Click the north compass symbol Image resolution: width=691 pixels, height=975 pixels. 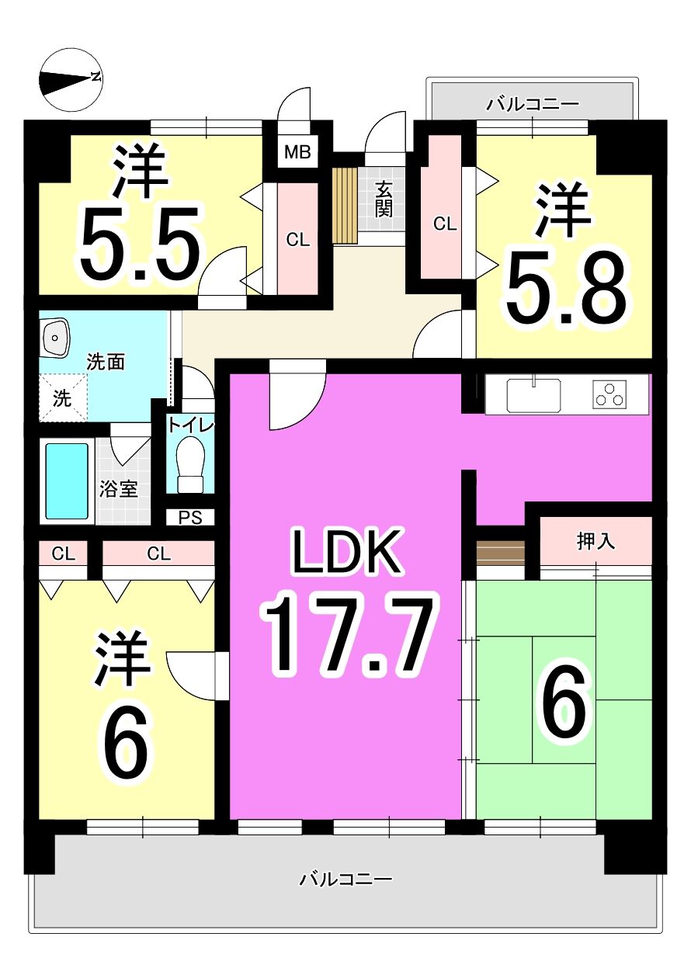click(71, 78)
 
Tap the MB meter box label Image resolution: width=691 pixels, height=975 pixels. click(298, 152)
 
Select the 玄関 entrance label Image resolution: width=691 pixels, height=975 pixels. click(384, 199)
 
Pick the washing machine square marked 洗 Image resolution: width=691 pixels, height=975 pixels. click(62, 397)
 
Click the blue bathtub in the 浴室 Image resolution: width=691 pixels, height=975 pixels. click(67, 481)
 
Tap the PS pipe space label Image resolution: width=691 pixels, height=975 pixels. click(191, 518)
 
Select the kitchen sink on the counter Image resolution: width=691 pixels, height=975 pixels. click(533, 395)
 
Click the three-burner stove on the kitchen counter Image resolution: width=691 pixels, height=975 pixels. click(609, 394)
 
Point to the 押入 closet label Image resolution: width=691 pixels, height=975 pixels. click(596, 542)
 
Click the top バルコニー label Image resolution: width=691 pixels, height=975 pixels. click(533, 105)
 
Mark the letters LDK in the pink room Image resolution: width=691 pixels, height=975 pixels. click(347, 551)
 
